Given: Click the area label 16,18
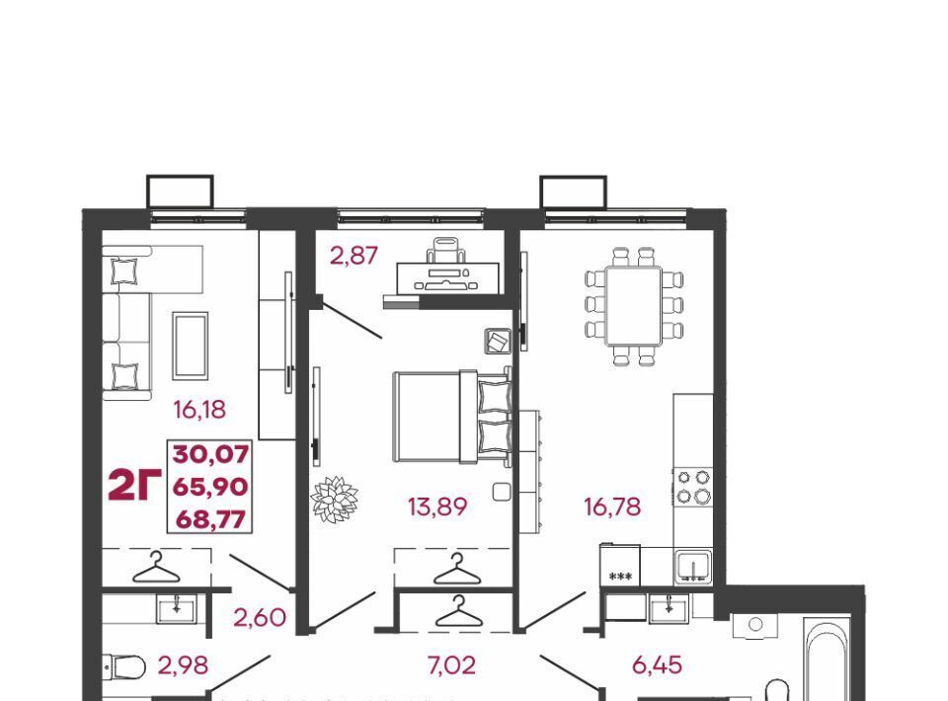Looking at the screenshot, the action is tap(199, 410).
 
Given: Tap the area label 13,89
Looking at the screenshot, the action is tap(437, 506).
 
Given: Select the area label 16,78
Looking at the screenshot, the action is tap(612, 506).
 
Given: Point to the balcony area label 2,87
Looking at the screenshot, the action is tap(354, 255).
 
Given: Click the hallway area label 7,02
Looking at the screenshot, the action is tap(451, 665).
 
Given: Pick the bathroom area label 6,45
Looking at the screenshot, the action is tap(658, 665).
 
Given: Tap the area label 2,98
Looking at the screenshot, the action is tap(184, 665).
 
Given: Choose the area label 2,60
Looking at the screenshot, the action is tap(260, 618).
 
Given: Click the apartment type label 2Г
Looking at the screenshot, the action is tap(134, 486).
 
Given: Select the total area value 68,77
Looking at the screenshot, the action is tap(210, 519).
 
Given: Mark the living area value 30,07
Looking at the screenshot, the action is tap(210, 454).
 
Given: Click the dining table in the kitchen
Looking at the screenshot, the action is tap(634, 306).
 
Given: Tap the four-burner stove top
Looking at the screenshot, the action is tap(693, 487).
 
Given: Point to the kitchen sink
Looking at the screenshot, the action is tap(693, 567).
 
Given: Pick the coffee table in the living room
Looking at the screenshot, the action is tap(191, 346).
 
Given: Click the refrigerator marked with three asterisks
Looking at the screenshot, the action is tap(620, 565).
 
